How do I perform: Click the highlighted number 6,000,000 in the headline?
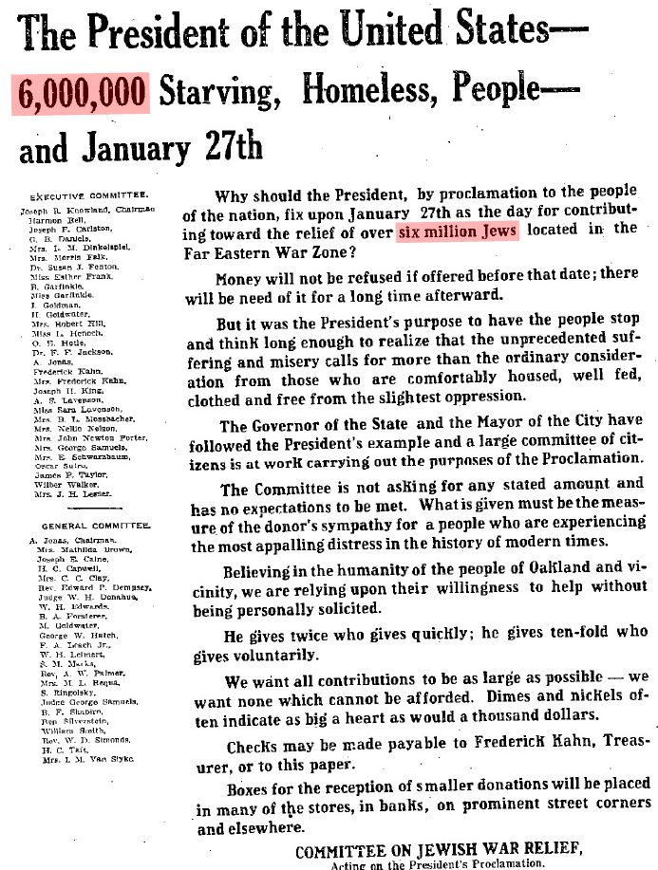pyautogui.click(x=81, y=93)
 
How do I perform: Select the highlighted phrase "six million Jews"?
pyautogui.click(x=458, y=233)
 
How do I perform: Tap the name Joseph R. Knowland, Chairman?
pyautogui.click(x=90, y=208)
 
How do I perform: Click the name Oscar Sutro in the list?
pyautogui.click(x=56, y=465)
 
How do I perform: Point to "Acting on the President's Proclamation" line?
pyautogui.click(x=437, y=864)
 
